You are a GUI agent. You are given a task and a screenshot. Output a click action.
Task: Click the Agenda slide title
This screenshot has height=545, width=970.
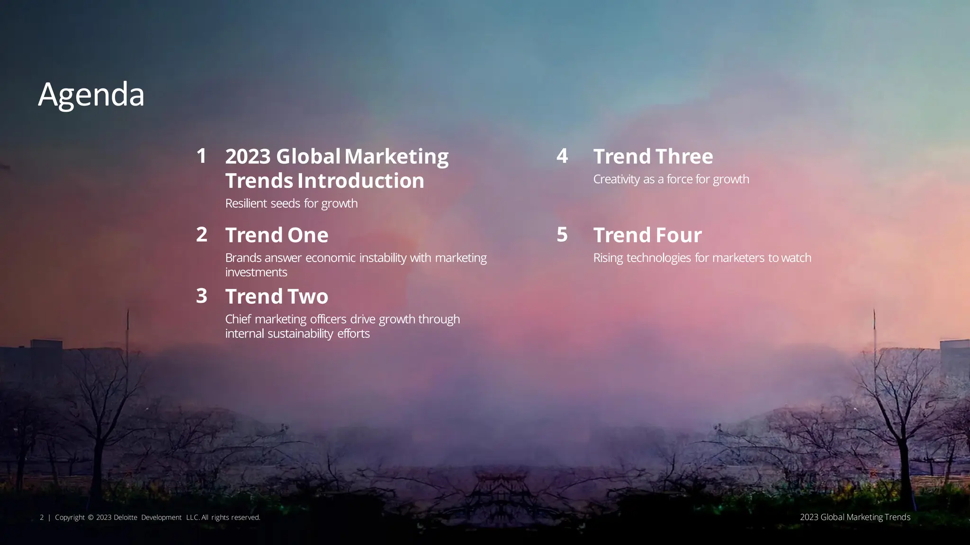pyautogui.click(x=91, y=95)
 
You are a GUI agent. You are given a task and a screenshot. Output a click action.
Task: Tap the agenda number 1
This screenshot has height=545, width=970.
pyautogui.click(x=201, y=156)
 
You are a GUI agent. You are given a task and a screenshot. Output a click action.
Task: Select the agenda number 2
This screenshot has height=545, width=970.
pyautogui.click(x=202, y=235)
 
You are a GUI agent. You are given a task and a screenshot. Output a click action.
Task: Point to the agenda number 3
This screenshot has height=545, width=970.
pyautogui.click(x=202, y=296)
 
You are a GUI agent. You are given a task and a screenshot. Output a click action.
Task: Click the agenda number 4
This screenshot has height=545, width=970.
pyautogui.click(x=562, y=156)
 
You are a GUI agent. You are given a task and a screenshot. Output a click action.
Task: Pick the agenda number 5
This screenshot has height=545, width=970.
pyautogui.click(x=562, y=235)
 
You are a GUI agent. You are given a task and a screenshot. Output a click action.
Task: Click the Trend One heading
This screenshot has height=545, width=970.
pyautogui.click(x=277, y=235)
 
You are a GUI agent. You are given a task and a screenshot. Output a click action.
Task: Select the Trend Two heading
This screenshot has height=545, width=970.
pyautogui.click(x=277, y=297)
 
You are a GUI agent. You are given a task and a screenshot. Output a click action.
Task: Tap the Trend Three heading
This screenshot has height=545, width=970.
pyautogui.click(x=653, y=157)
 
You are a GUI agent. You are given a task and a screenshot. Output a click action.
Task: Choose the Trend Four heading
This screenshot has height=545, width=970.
pyautogui.click(x=647, y=235)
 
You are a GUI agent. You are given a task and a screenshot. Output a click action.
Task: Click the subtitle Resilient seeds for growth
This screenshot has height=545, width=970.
pyautogui.click(x=291, y=203)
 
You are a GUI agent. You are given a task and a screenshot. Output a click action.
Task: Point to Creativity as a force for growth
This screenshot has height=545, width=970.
pyautogui.click(x=671, y=179)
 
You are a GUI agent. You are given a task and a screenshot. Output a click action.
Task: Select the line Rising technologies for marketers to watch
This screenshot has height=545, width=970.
pyautogui.click(x=702, y=258)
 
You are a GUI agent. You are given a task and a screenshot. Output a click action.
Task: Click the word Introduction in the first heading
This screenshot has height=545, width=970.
pyautogui.click(x=360, y=181)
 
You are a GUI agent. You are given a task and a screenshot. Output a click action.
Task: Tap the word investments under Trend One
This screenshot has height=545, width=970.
pyautogui.click(x=256, y=272)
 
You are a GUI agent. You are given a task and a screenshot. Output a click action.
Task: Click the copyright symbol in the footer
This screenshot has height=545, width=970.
pyautogui.click(x=90, y=518)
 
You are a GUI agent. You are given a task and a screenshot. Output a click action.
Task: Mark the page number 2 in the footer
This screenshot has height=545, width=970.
pyautogui.click(x=42, y=518)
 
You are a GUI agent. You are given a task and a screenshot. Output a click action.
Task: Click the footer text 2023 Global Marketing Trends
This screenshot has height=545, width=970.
pyautogui.click(x=855, y=517)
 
